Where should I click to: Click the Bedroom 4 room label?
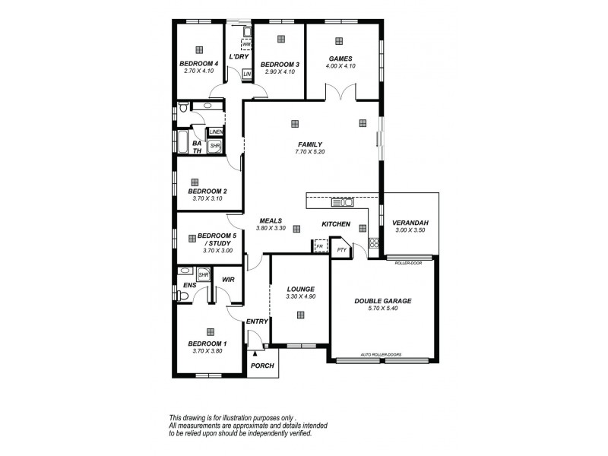[x=198, y=64]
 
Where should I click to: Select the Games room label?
[x=339, y=59]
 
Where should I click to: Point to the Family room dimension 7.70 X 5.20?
[x=310, y=152]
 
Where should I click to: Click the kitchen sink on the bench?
[x=343, y=202]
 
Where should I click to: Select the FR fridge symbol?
[x=319, y=247]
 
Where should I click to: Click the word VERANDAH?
[x=411, y=223]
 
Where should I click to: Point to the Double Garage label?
[x=383, y=301]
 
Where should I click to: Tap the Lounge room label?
[x=300, y=289]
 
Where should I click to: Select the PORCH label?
[x=262, y=366]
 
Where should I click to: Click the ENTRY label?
[x=257, y=321]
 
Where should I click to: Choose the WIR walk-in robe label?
[x=227, y=280]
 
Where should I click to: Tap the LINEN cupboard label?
[x=216, y=131]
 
